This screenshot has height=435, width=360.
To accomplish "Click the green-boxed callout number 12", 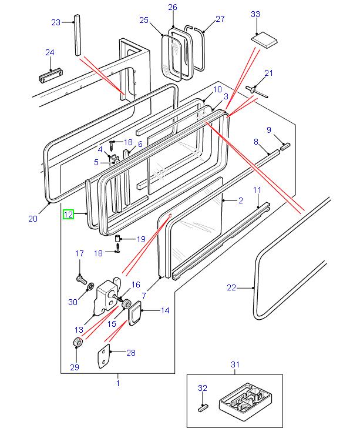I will [69, 215].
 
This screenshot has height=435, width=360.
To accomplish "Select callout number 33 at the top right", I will [255, 14].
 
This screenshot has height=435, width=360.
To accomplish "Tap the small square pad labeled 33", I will [264, 41].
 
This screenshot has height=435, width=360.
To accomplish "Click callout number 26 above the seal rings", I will [172, 7].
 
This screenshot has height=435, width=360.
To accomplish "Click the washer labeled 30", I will [89, 287].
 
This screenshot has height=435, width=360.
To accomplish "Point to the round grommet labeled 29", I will [77, 343].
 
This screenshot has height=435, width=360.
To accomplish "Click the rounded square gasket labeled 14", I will [136, 312].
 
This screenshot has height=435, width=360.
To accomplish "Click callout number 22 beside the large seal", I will [231, 287].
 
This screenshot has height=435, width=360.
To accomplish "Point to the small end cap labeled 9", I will [284, 146].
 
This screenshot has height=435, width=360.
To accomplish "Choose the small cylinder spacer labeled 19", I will [117, 239].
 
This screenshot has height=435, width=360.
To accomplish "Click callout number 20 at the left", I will [32, 219].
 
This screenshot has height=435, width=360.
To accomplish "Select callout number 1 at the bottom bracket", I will [117, 383].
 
